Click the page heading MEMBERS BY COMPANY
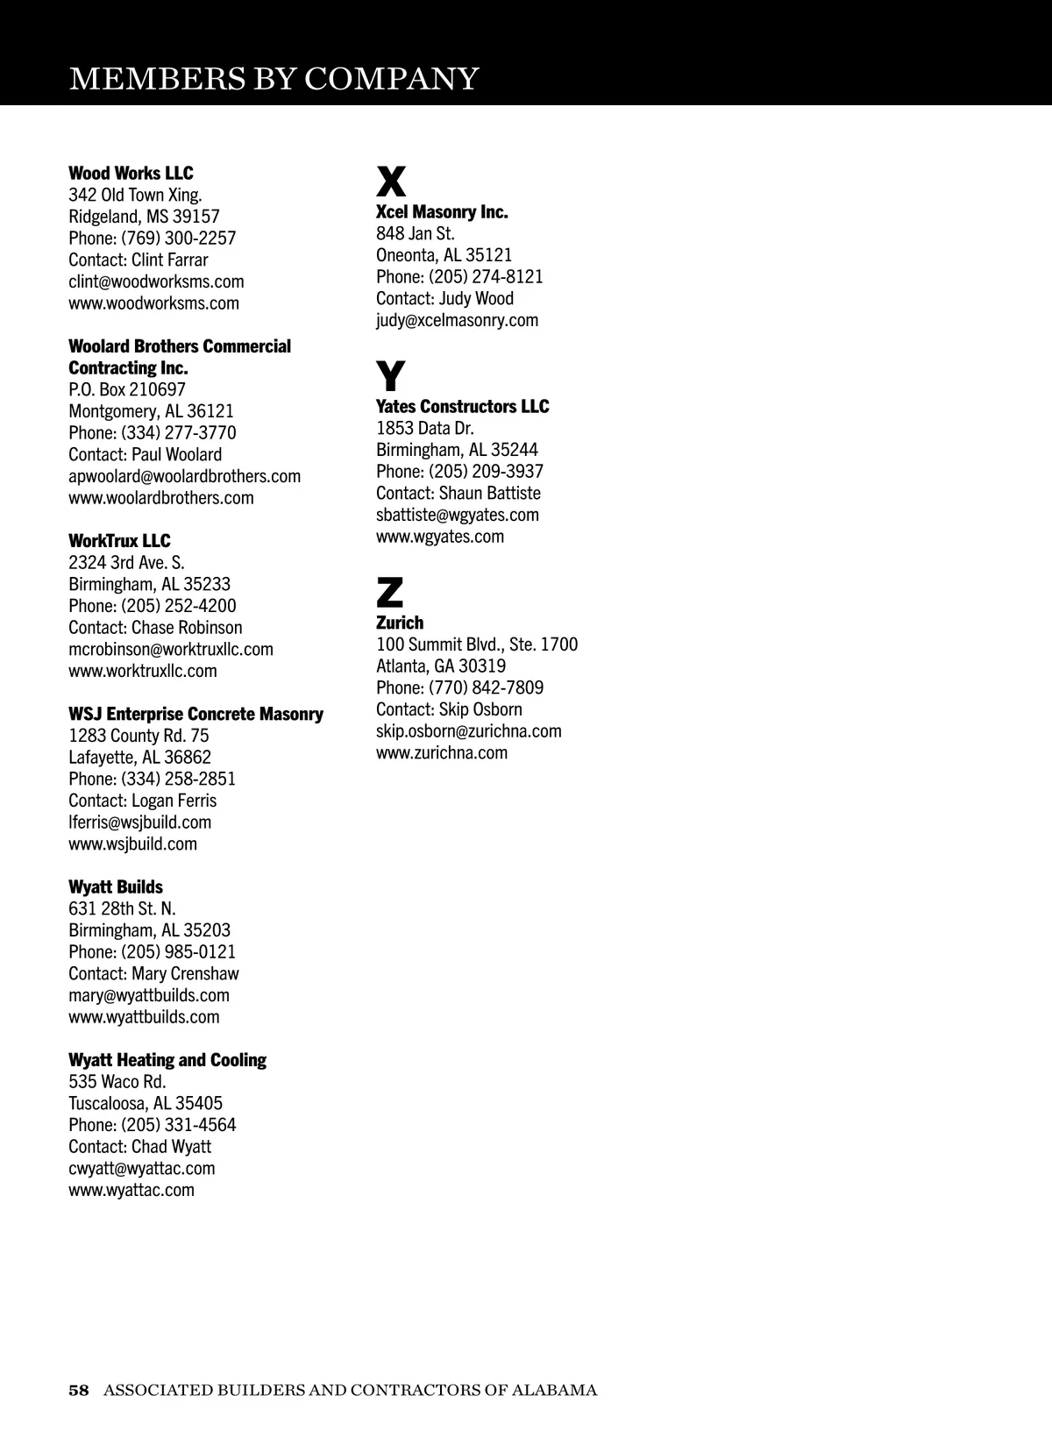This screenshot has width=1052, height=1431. point(274,79)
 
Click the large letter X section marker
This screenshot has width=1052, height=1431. point(391,182)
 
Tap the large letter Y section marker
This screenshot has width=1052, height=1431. point(391,376)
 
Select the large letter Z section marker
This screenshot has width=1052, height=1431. point(390,593)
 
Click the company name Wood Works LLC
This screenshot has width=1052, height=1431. point(131,173)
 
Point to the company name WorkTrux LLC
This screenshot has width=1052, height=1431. point(119,540)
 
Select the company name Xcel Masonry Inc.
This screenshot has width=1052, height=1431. point(442,211)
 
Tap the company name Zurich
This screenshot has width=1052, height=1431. point(400,623)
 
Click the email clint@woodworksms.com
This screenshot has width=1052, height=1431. point(156,281)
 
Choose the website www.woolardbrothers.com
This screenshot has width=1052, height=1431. point(161,498)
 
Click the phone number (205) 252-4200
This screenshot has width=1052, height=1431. point(178,606)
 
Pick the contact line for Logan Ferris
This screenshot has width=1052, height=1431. point(142,801)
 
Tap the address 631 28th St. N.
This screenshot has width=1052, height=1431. point(122,908)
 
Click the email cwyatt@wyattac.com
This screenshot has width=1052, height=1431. point(142,1168)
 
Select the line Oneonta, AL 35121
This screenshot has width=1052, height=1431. point(444,255)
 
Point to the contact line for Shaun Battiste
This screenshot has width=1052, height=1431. point(458,493)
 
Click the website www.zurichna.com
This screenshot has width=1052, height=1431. point(442,752)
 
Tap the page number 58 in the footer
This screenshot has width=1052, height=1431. point(79,1390)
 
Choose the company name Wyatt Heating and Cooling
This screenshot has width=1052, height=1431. point(167,1060)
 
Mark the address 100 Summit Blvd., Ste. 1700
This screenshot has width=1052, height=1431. point(477,644)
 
